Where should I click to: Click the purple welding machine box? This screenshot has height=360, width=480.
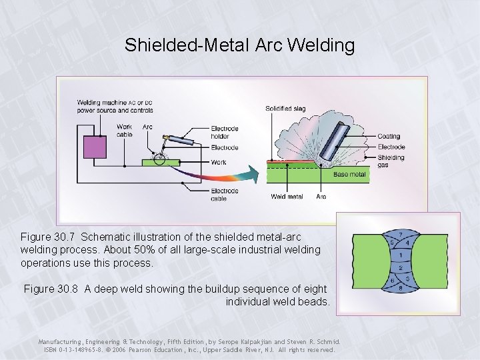pyautogui.click(x=95, y=147)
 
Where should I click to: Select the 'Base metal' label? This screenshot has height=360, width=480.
pyautogui.click(x=349, y=175)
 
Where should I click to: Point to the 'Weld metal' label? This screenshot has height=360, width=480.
pyautogui.click(x=287, y=197)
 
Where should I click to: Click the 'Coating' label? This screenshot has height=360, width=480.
pyautogui.click(x=388, y=137)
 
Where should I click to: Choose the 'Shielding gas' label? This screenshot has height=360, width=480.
pyautogui.click(x=391, y=161)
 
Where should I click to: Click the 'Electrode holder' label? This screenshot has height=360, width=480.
pyautogui.click(x=225, y=133)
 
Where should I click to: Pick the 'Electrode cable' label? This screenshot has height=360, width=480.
pyautogui.click(x=224, y=195)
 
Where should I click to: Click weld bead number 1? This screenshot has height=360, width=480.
pyautogui.click(x=399, y=255)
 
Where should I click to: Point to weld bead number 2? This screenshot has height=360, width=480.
pyautogui.click(x=399, y=267)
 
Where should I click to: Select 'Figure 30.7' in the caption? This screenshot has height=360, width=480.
pyautogui.click(x=50, y=237)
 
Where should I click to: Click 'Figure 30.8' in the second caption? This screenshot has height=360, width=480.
pyautogui.click(x=53, y=289)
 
